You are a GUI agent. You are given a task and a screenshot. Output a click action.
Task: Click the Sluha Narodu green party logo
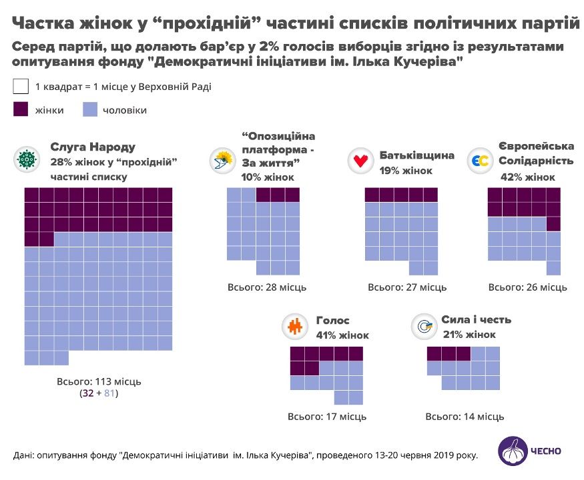27,159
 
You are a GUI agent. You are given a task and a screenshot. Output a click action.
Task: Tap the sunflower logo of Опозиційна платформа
222,161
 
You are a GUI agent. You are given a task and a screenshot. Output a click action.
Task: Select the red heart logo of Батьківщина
361,161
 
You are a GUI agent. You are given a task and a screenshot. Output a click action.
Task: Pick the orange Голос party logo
294,326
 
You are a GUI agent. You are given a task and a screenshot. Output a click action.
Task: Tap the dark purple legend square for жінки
21,110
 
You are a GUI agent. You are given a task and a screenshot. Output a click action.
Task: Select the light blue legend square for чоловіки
91,110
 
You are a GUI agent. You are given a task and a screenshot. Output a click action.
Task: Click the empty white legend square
21,87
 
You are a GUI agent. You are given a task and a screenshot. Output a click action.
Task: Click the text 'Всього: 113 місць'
100,381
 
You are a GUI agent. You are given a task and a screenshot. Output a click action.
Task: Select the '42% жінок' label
527,177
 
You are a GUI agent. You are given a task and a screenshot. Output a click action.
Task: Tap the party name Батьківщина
417,155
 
